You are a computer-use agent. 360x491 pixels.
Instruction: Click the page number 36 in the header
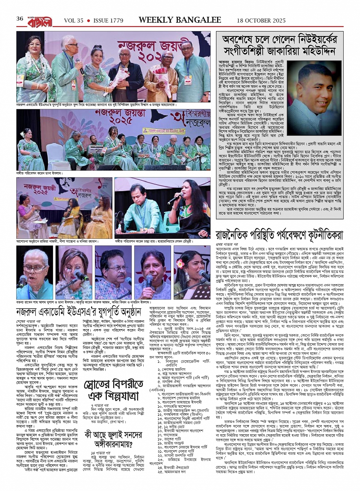tap(20, 19)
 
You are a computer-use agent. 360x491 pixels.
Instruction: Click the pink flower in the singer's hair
tap(180, 262)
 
